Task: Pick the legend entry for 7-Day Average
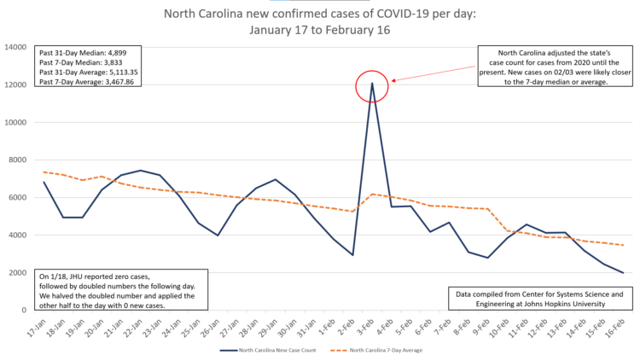coord(380,350)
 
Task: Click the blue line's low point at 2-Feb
coord(352,254)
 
